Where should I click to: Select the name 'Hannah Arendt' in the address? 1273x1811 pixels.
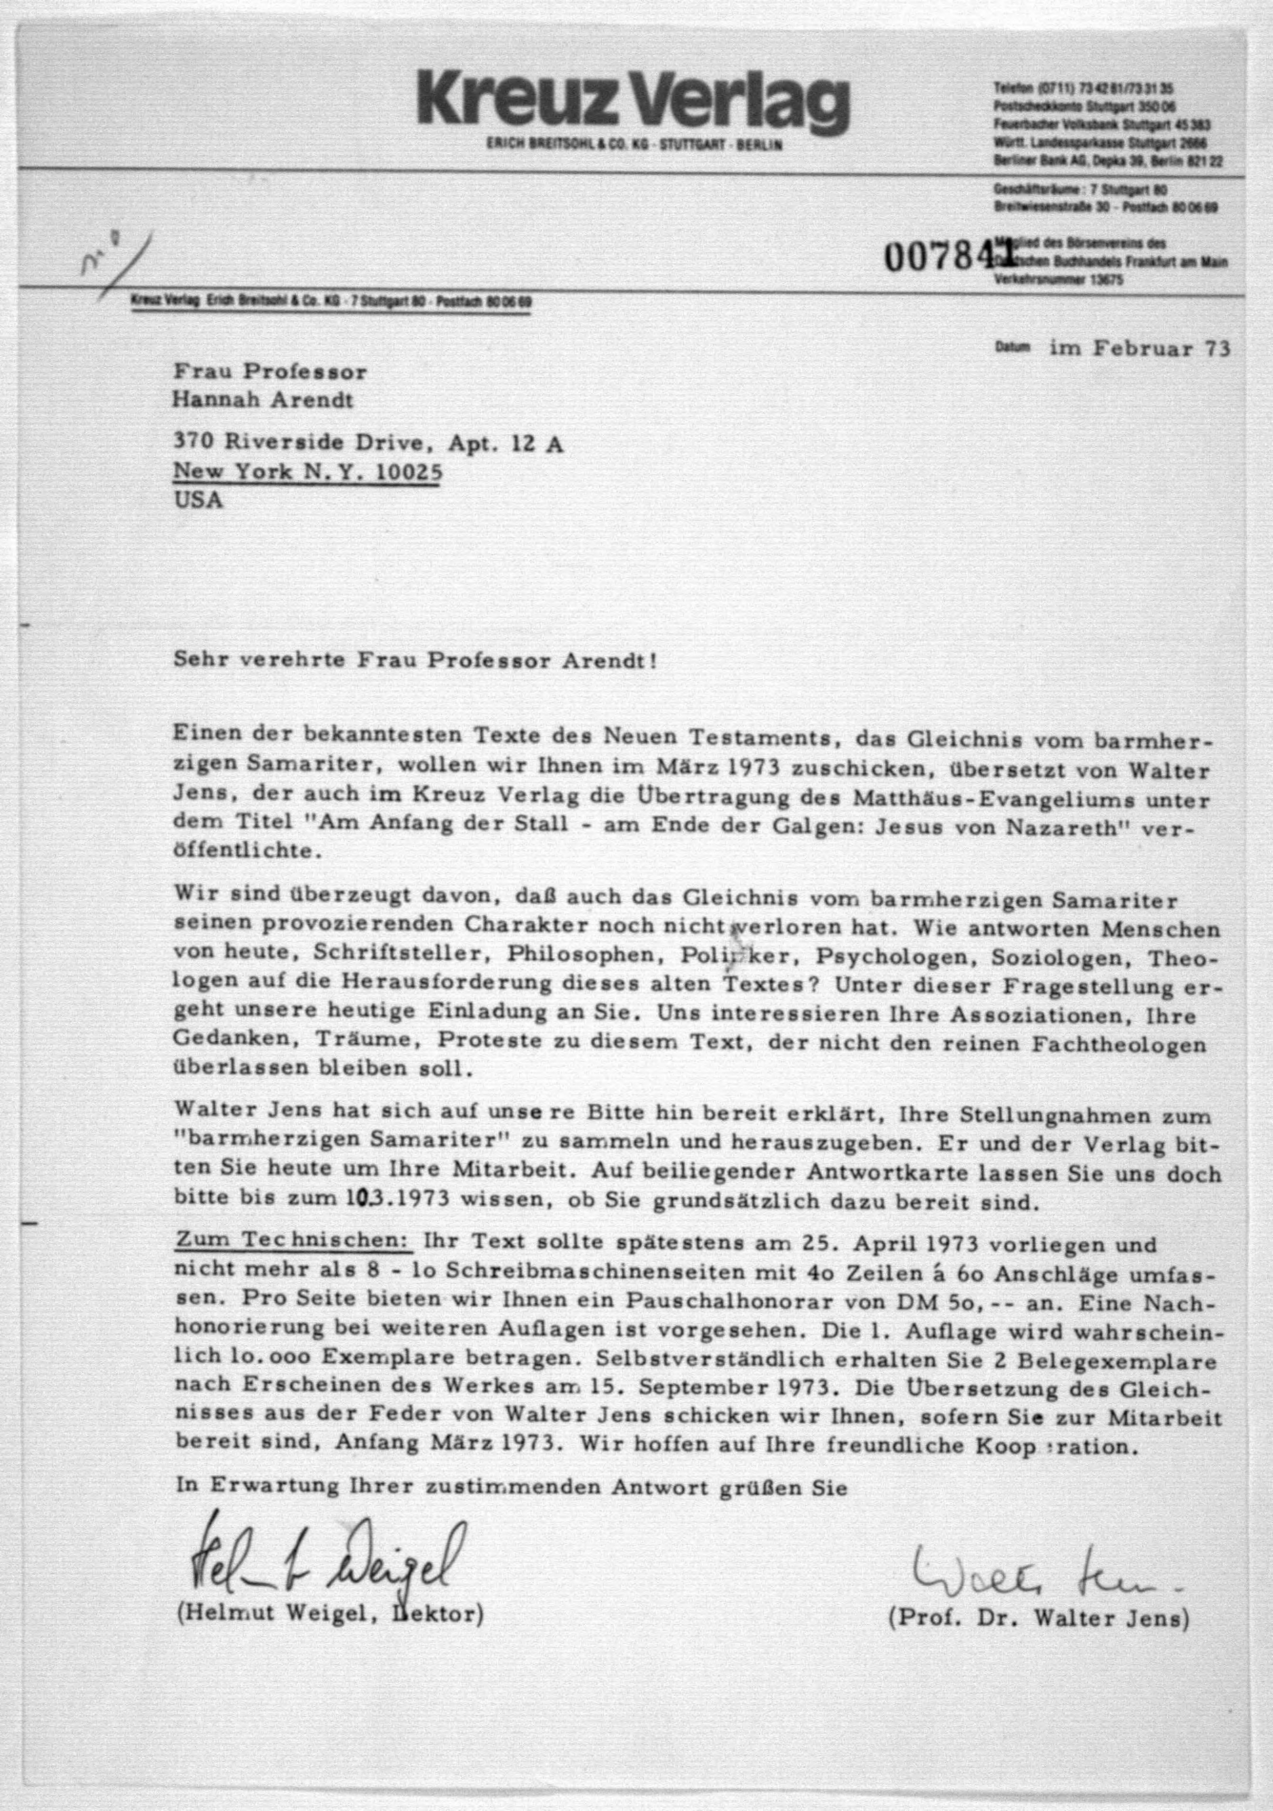click(263, 400)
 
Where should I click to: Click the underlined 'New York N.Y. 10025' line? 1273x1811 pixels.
click(307, 471)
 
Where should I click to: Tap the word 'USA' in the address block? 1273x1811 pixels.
click(198, 500)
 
